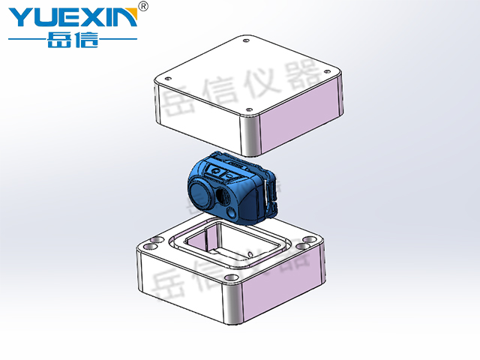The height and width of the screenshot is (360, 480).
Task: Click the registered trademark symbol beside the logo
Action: click(x=143, y=6)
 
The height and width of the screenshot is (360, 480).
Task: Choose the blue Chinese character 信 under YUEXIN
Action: click(x=88, y=40)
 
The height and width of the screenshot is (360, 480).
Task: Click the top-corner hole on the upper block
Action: click(x=245, y=40)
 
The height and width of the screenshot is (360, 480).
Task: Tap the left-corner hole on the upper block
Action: click(x=168, y=78)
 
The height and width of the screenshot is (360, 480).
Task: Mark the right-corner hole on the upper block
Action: click(x=327, y=72)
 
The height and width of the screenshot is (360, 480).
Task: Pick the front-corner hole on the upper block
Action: click(x=249, y=109)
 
